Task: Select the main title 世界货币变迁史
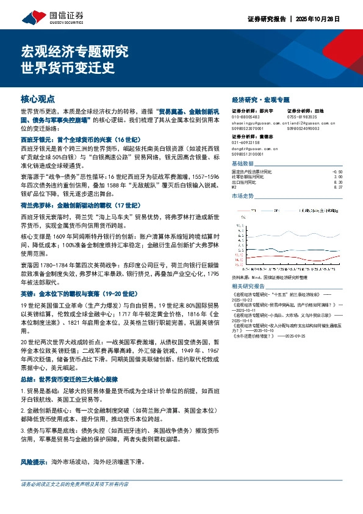pyautogui.click(x=68, y=68)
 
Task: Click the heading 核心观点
pyautogui.click(x=38, y=98)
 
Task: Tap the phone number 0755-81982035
pyautogui.click(x=301, y=117)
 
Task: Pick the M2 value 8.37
pyautogui.click(x=339, y=187)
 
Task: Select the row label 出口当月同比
pyautogui.click(x=246, y=183)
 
